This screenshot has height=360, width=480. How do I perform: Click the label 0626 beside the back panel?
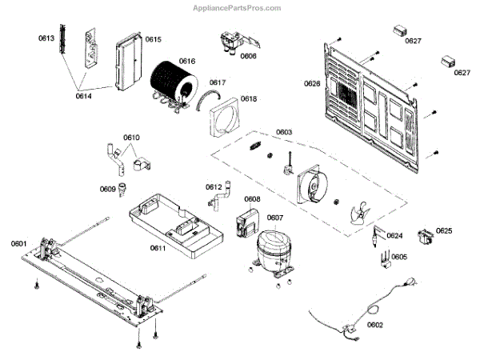click(x=312, y=83)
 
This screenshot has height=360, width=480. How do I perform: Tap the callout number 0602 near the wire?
click(x=374, y=325)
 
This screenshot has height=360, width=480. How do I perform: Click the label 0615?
click(x=153, y=38)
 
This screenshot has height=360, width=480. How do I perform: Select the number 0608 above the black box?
click(x=252, y=199)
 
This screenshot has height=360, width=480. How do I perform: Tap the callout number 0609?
click(x=107, y=190)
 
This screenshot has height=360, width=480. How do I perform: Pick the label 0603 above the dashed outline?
click(x=284, y=132)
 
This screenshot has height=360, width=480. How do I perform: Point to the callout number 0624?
click(x=394, y=236)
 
